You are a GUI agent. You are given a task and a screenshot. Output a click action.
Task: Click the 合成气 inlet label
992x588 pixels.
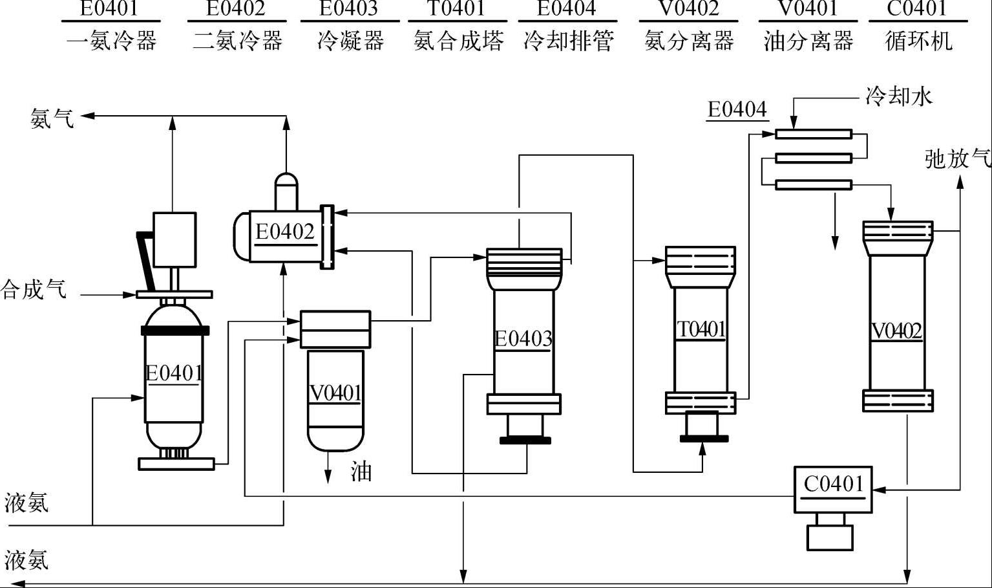(34, 289)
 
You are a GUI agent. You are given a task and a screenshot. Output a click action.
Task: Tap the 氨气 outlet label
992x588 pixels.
(52, 118)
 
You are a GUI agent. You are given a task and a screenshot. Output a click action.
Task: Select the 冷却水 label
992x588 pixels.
(899, 97)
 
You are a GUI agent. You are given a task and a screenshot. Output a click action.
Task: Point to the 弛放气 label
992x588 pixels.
(957, 158)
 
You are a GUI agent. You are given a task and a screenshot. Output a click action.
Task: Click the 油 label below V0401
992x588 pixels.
(361, 472)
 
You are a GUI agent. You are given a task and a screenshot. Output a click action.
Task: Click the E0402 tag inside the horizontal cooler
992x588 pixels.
(284, 232)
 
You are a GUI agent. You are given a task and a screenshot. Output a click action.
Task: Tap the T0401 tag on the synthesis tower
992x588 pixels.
(701, 329)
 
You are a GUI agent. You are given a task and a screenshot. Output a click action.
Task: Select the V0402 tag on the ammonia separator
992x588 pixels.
(897, 331)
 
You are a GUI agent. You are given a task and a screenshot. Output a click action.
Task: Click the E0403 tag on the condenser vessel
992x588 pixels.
(523, 338)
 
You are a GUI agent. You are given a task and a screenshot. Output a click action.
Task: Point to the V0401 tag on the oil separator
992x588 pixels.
(335, 393)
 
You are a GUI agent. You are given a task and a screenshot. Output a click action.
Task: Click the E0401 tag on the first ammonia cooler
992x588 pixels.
(174, 373)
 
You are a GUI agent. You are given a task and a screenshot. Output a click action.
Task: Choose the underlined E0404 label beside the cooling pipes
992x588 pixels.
(737, 109)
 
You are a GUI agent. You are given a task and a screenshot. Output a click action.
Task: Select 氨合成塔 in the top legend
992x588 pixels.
(458, 41)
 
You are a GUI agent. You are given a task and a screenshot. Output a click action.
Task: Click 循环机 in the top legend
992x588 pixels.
(918, 41)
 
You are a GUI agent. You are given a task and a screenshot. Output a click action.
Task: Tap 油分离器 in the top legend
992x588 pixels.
(808, 41)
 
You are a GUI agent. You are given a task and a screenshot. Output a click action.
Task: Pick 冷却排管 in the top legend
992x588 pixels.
(568, 41)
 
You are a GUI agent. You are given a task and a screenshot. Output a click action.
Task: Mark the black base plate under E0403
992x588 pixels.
(525, 441)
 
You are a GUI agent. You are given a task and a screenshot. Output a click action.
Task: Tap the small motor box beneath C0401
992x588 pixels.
(830, 537)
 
